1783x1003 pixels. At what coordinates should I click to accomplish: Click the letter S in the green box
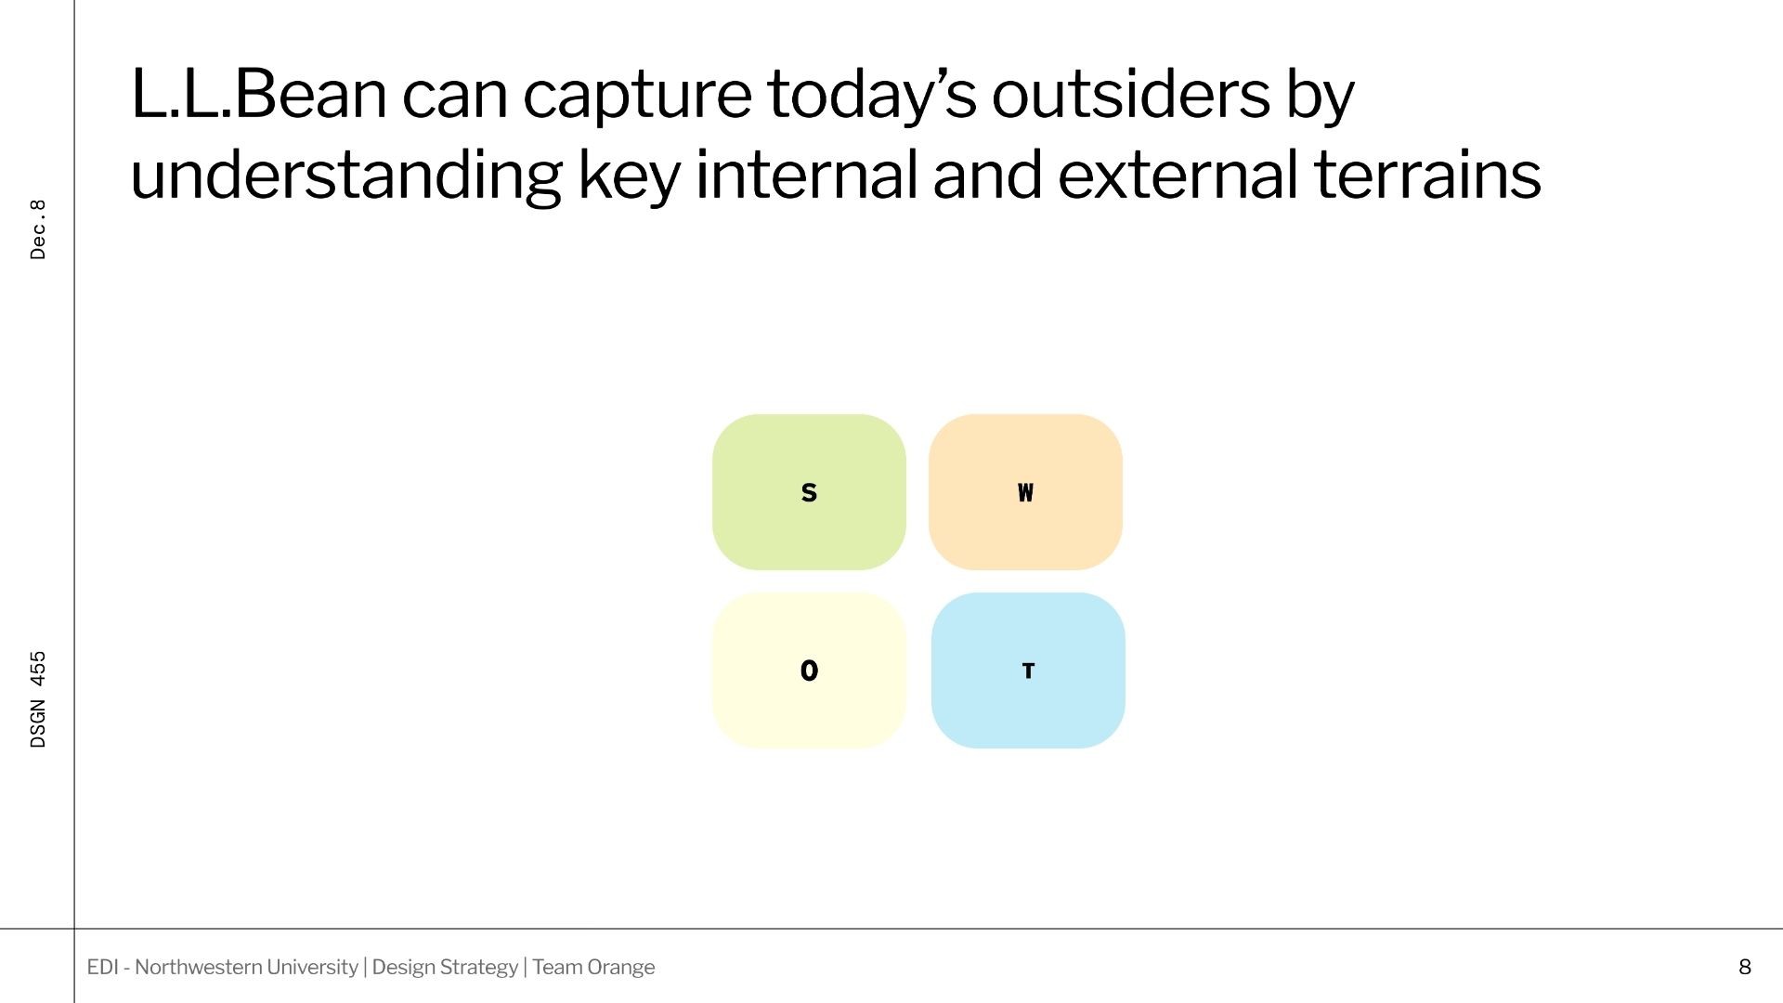pos(809,492)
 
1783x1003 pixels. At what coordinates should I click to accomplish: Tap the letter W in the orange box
pos(1025,492)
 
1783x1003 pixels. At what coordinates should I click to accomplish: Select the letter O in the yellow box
pos(809,671)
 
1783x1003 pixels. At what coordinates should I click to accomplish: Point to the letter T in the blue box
pos(1028,671)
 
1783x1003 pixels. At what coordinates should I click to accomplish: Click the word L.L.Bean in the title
pos(258,94)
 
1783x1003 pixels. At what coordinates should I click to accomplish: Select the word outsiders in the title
pos(1130,94)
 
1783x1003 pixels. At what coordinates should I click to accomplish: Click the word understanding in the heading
pos(345,176)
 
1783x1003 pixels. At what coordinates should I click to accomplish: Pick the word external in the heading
pos(1178,174)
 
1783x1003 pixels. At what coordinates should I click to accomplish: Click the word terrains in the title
pos(1427,174)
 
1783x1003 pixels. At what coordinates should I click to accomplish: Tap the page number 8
pos(1745,967)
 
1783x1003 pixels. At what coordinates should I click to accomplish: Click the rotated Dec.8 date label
pos(38,229)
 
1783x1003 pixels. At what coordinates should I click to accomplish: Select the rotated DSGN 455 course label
pos(38,699)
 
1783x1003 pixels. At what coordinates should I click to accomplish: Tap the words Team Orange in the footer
pos(593,967)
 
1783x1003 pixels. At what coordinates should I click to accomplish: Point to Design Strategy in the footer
pos(445,968)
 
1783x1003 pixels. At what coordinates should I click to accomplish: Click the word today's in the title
pos(871,96)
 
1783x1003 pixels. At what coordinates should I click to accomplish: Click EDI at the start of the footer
pos(102,967)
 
